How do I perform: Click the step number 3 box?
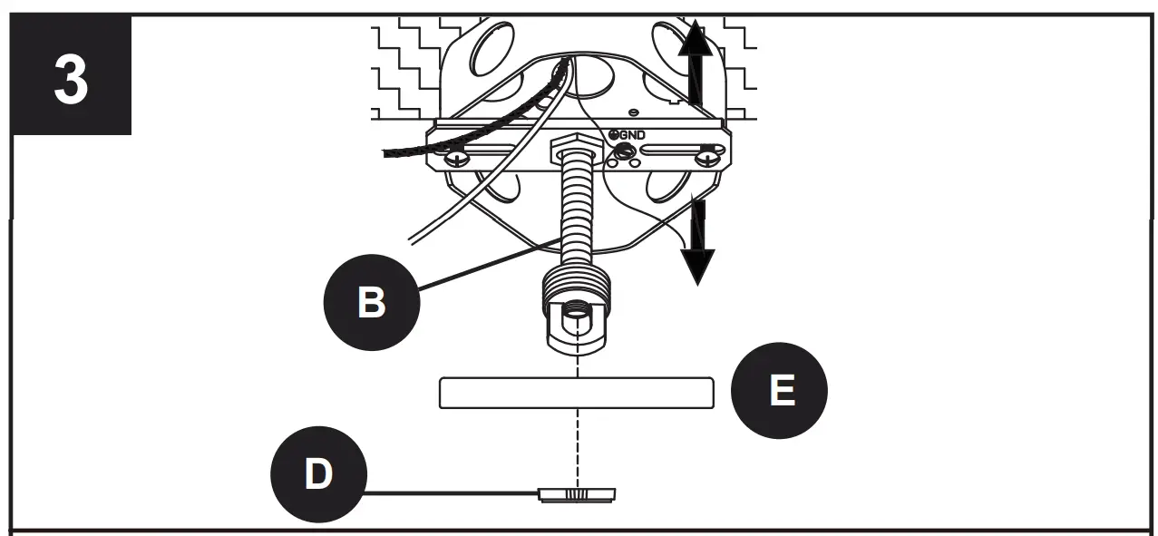pyautogui.click(x=71, y=76)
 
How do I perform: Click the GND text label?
pyautogui.click(x=633, y=134)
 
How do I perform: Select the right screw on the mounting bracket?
pyautogui.click(x=707, y=160)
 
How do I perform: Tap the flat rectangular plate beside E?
pyautogui.click(x=576, y=393)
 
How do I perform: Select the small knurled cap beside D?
pyautogui.click(x=578, y=494)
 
